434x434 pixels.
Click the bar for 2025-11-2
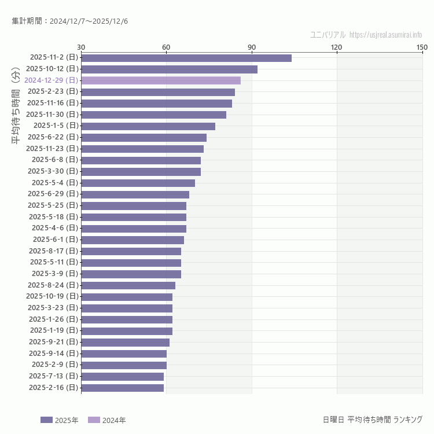(x=186, y=58)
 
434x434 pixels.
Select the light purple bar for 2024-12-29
(x=161, y=80)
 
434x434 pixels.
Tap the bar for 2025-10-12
(x=169, y=69)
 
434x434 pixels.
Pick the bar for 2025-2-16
(x=122, y=388)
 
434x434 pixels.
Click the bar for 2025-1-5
(x=148, y=126)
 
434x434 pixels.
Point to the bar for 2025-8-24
(x=128, y=285)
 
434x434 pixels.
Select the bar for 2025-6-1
(x=133, y=240)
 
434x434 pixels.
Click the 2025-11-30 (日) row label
(x=52, y=115)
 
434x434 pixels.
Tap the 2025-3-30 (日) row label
(x=53, y=171)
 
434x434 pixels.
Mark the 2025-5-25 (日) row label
(x=53, y=205)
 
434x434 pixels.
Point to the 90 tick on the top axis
(x=252, y=47)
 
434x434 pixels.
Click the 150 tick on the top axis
(x=422, y=47)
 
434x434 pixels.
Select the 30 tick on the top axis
(x=81, y=47)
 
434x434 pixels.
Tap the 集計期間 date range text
(x=70, y=21)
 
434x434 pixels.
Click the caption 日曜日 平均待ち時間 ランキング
(x=372, y=420)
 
